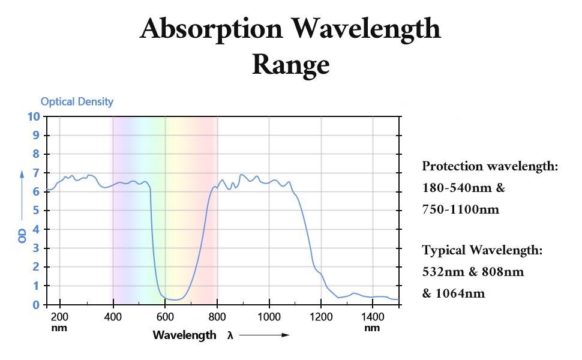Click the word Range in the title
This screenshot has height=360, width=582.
click(x=290, y=64)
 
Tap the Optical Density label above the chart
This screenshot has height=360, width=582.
click(x=77, y=101)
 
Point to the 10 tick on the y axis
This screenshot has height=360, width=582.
click(x=34, y=116)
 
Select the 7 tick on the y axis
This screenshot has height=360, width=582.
click(x=37, y=173)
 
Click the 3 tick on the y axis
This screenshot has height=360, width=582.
click(x=37, y=248)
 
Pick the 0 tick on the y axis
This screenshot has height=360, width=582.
click(x=37, y=305)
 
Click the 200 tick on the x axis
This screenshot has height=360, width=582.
click(x=60, y=317)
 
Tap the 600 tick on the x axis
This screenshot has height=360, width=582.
click(x=164, y=317)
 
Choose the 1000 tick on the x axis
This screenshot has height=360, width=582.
click(x=269, y=317)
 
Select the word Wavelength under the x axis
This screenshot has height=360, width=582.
click(x=184, y=335)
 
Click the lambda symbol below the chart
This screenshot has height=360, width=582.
click(x=230, y=335)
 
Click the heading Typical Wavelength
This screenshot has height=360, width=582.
click(x=482, y=250)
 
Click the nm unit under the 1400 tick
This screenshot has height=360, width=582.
click(x=372, y=328)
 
